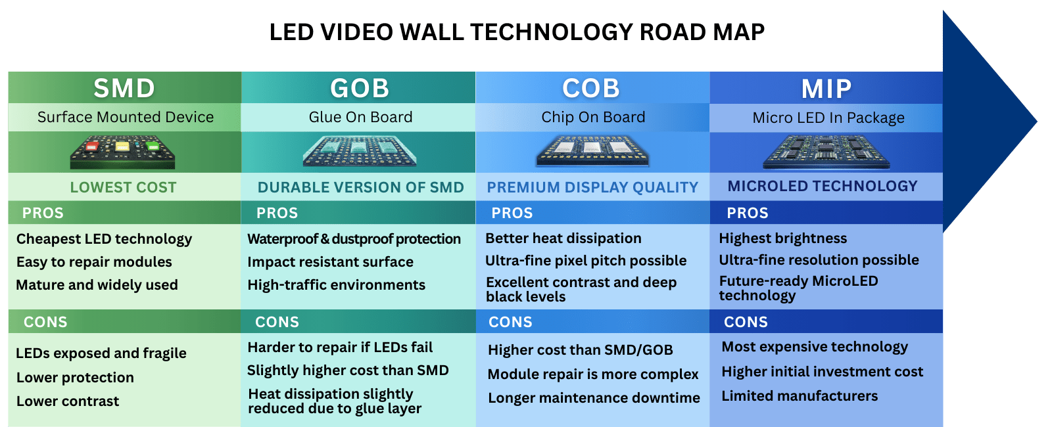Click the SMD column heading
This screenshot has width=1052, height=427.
pyautogui.click(x=124, y=88)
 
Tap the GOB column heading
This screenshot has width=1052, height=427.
pyautogui.click(x=360, y=88)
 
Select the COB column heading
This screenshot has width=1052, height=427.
pyautogui.click(x=591, y=88)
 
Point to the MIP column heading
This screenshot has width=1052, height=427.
pyautogui.click(x=826, y=89)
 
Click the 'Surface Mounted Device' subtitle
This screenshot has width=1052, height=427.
pyautogui.click(x=125, y=117)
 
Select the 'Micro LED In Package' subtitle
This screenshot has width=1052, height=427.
pyautogui.click(x=828, y=118)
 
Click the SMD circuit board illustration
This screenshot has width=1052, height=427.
pyautogui.click(x=123, y=152)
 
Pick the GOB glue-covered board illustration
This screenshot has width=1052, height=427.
pyautogui.click(x=359, y=151)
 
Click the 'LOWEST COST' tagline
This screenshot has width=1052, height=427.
pyautogui.click(x=123, y=187)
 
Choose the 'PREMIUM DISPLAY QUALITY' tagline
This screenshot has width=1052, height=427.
pyautogui.click(x=592, y=187)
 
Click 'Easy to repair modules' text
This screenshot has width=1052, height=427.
pyautogui.click(x=94, y=261)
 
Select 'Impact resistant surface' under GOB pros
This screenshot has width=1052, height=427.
pyautogui.click(x=330, y=261)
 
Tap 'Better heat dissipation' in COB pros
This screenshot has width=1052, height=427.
pyautogui.click(x=563, y=238)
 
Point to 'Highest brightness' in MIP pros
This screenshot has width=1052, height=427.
pyautogui.click(x=782, y=238)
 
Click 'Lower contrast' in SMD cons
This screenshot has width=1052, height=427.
pyautogui.click(x=68, y=401)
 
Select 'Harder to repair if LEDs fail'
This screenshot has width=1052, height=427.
pyautogui.click(x=340, y=347)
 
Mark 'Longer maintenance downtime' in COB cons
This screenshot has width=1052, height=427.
pyautogui.click(x=593, y=397)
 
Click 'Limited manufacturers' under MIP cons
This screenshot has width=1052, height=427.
pyautogui.click(x=800, y=395)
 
